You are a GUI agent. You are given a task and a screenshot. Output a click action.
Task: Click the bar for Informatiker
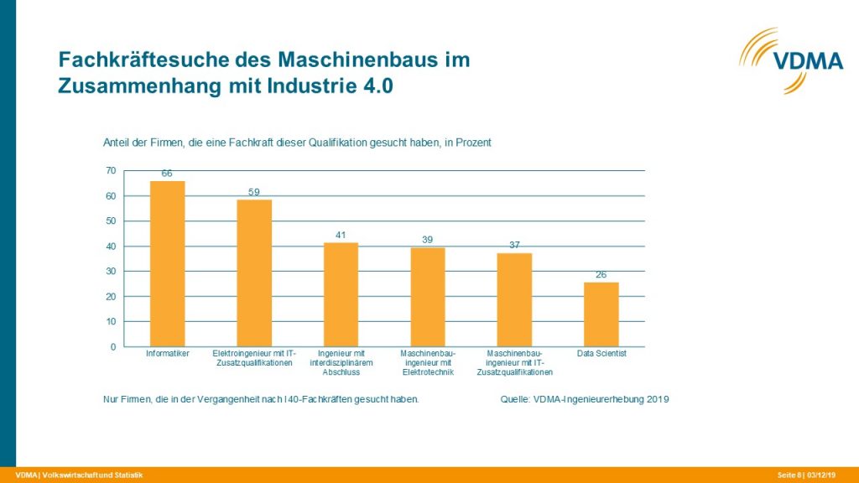click(167, 263)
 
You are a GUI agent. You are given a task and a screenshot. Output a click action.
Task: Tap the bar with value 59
click(254, 273)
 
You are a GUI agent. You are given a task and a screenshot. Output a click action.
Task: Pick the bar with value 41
click(341, 294)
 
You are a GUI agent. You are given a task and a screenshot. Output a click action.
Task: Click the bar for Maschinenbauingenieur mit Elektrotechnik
click(427, 297)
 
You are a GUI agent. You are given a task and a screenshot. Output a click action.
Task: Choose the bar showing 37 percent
click(514, 299)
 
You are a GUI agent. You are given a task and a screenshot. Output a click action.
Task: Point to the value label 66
click(167, 174)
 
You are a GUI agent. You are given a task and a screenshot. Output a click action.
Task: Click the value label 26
click(601, 274)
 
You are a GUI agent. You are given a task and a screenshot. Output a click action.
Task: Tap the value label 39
click(427, 240)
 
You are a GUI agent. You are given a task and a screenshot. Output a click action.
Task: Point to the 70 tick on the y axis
click(110, 170)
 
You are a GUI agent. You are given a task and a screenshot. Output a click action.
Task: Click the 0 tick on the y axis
click(112, 346)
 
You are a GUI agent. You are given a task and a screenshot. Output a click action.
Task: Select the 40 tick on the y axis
click(110, 246)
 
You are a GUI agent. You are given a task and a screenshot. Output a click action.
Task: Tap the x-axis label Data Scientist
click(601, 354)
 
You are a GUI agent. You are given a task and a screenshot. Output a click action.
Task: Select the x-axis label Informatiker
click(167, 354)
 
